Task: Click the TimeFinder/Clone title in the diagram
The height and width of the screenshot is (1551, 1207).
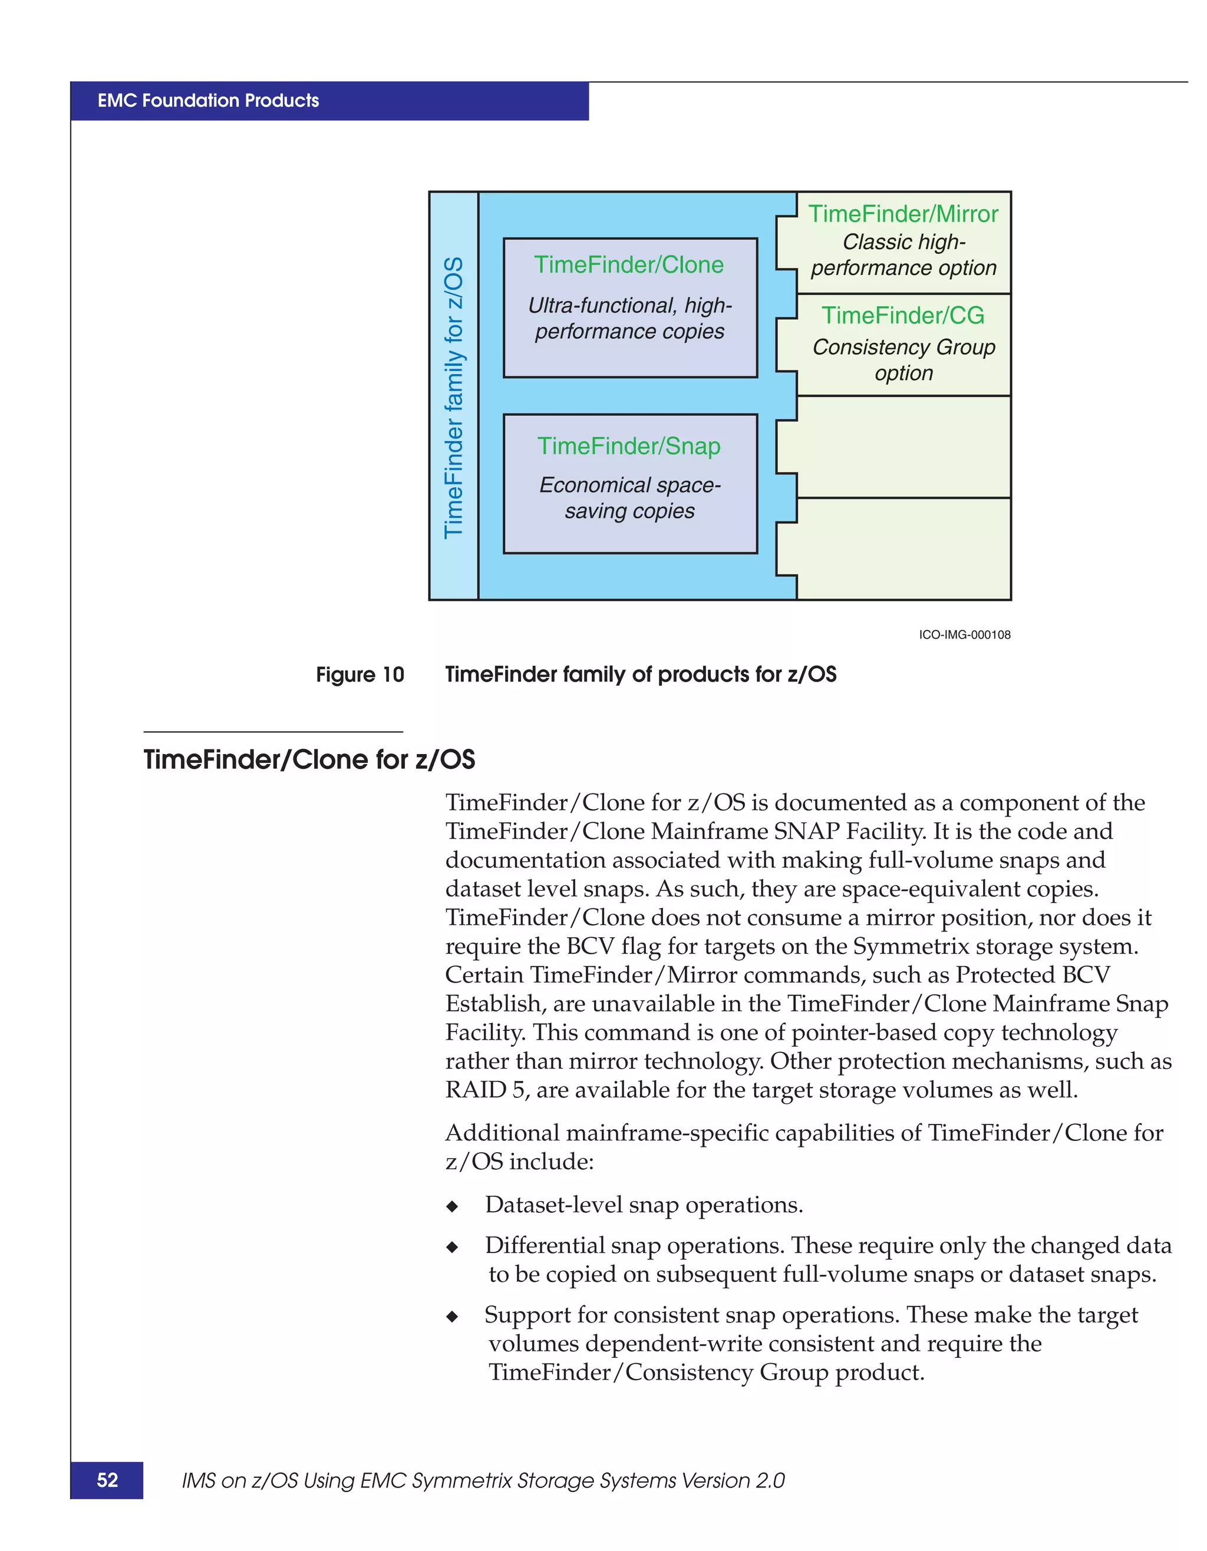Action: tap(629, 265)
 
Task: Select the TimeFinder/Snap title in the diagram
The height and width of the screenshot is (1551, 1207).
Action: tap(629, 446)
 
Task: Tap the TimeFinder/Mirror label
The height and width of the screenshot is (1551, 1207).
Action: tap(903, 214)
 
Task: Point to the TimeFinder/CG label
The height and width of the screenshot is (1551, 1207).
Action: tap(903, 315)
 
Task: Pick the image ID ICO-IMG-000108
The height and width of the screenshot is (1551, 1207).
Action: tap(964, 635)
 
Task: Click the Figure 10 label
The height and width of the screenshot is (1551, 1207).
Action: tap(360, 674)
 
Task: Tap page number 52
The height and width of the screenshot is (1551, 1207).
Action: tap(107, 1480)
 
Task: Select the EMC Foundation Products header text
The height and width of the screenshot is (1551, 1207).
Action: tap(208, 101)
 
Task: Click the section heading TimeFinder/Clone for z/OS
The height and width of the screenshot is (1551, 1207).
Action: tap(309, 760)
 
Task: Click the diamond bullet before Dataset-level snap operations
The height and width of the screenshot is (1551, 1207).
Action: tap(452, 1206)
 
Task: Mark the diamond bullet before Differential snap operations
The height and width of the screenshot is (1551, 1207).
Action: tap(452, 1247)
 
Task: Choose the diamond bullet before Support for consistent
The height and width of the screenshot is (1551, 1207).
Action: tap(452, 1317)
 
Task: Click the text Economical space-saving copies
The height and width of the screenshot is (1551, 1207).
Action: tap(629, 498)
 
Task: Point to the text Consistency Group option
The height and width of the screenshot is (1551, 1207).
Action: tap(903, 360)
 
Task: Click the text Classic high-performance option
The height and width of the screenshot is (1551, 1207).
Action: tap(903, 255)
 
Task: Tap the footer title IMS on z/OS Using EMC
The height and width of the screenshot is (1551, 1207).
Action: tap(483, 1481)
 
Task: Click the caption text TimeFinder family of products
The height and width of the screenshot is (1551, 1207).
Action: tap(640, 674)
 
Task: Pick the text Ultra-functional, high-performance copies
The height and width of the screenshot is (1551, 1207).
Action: tap(629, 318)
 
